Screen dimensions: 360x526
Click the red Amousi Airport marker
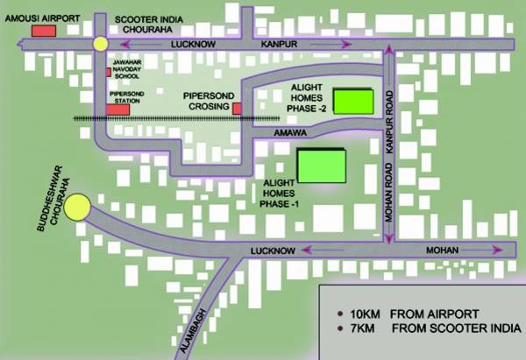(x=43, y=30)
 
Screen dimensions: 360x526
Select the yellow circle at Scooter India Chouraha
(x=100, y=44)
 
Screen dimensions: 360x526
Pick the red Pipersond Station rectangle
(x=117, y=109)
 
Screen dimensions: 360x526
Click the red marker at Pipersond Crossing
(x=237, y=108)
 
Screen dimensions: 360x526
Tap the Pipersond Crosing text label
(x=206, y=99)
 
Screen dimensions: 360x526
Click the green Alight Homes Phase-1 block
(x=322, y=164)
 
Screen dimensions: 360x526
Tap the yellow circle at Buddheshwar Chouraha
(x=77, y=208)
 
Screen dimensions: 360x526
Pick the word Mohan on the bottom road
(x=443, y=251)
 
